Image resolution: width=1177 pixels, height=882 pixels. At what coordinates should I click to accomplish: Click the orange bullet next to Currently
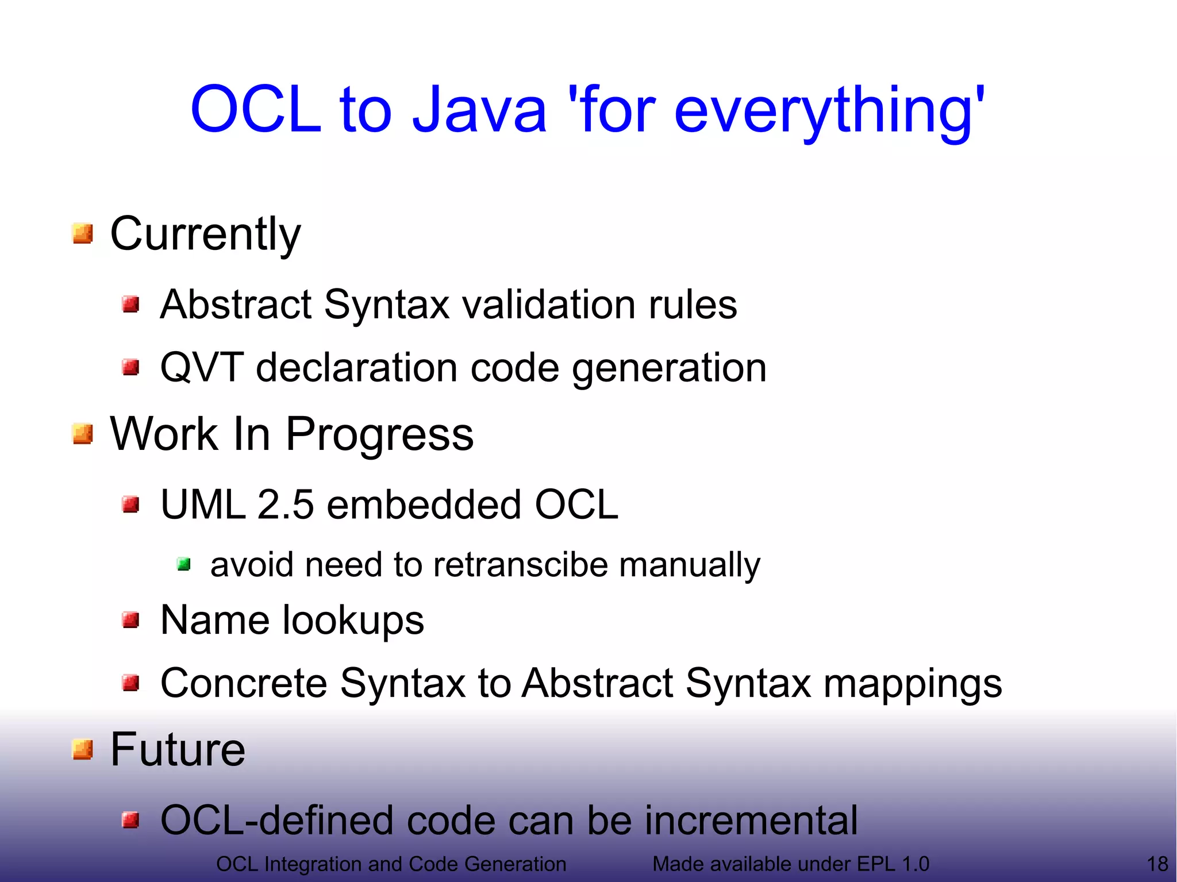pos(83,234)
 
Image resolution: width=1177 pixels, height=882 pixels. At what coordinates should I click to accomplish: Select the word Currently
pos(205,234)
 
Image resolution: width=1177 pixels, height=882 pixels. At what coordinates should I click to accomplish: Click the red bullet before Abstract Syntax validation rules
pos(131,304)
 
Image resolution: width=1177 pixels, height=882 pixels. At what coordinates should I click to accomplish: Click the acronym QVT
pos(201,368)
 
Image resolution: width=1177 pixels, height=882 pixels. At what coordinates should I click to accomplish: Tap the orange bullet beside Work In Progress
pos(83,434)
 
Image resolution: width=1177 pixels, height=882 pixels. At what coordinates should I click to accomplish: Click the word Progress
pos(379,435)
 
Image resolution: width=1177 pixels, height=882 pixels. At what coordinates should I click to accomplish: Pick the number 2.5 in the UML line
pos(286,505)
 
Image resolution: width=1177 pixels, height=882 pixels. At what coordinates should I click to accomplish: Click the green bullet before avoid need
pos(184,565)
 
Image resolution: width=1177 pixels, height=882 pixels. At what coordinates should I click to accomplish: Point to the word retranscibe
pos(520,565)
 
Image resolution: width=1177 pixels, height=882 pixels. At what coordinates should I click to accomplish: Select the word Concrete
pos(244,684)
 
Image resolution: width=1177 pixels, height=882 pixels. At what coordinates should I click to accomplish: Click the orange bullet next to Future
pos(83,749)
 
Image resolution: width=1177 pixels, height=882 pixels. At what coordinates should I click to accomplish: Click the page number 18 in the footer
pos(1157,864)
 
